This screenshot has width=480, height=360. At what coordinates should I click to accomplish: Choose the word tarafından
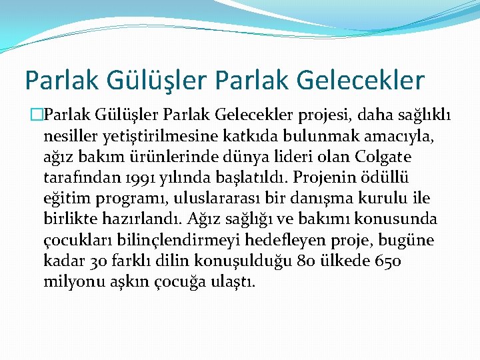tap(77, 178)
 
